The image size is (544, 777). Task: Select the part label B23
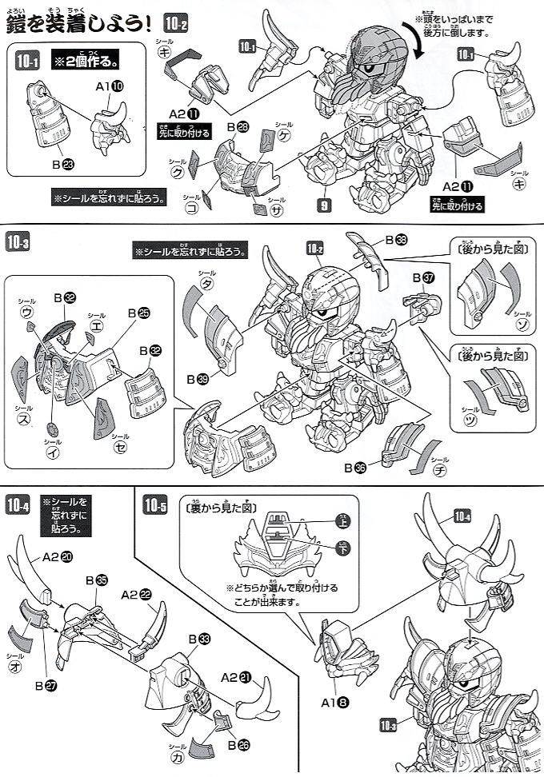point(61,165)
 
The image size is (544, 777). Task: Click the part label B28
point(238,127)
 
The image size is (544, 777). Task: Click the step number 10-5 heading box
point(156,504)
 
